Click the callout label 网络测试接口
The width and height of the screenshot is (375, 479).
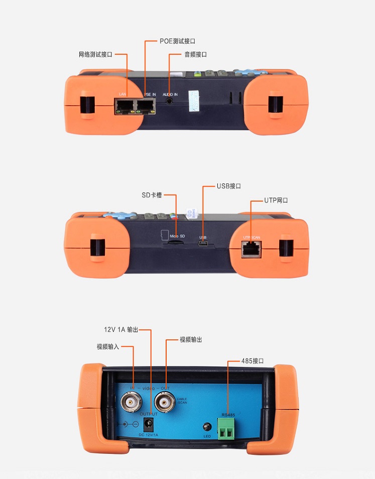tap(95, 54)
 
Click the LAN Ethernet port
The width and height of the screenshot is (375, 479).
tap(122, 106)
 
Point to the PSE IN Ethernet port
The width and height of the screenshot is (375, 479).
tap(146, 106)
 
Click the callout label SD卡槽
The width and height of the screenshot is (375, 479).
tap(152, 195)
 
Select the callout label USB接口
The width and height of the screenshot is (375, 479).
tap(229, 185)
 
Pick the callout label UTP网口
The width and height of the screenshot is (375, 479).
tap(277, 200)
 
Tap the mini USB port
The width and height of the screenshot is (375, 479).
tap(203, 245)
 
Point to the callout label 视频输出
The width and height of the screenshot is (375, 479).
tap(191, 340)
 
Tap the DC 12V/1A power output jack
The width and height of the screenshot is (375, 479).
tap(149, 423)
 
